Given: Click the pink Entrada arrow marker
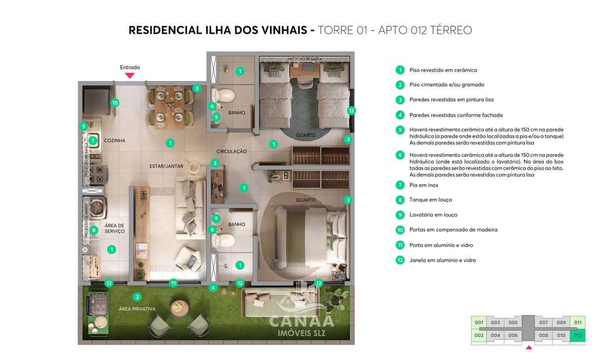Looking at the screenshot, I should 130,75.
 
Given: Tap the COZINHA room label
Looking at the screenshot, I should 114,140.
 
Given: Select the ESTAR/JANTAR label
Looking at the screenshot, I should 163,165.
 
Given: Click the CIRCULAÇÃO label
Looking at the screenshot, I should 232,151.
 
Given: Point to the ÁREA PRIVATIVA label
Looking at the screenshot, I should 137,309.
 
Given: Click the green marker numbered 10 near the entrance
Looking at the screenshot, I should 115,103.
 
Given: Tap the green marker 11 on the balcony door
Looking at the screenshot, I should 174,283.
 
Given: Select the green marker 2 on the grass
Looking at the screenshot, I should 137,297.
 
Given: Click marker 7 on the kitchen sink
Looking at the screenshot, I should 93,140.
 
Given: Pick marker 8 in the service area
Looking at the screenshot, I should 93,230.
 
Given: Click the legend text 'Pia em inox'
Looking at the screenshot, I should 424,185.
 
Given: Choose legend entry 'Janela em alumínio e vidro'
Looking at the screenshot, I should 442,260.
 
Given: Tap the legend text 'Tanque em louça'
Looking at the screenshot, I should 430,200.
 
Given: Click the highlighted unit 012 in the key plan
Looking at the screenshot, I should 577,335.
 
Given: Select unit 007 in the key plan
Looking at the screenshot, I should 543,322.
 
